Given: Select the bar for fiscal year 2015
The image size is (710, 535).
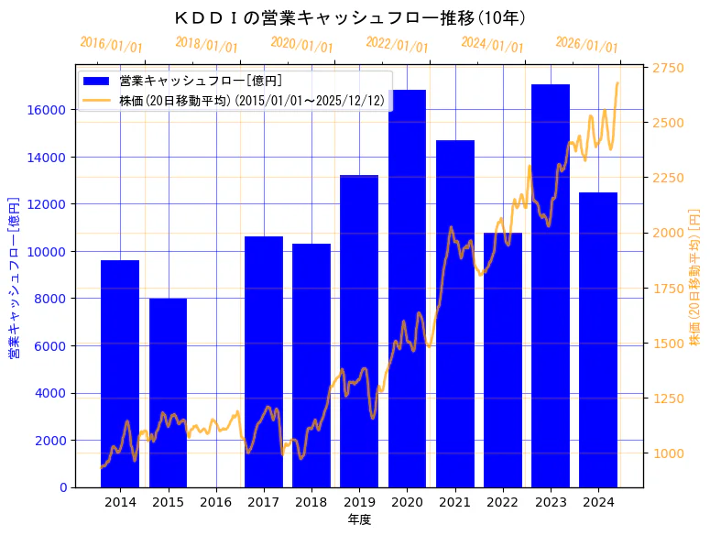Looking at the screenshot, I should coord(168,393).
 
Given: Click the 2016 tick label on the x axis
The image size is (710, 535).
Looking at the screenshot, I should coord(216,502).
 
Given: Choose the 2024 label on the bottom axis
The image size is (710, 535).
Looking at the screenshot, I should coord(598,502).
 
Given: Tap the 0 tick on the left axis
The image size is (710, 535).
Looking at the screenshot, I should coord(62,487).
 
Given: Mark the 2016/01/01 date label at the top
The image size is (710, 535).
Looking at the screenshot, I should coord(112,45).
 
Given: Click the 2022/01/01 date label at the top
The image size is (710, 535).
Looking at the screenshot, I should coord(398,45).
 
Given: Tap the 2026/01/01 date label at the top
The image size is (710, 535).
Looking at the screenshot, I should coord(587,45).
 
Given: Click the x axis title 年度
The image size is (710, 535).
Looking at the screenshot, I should coord(359,519).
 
